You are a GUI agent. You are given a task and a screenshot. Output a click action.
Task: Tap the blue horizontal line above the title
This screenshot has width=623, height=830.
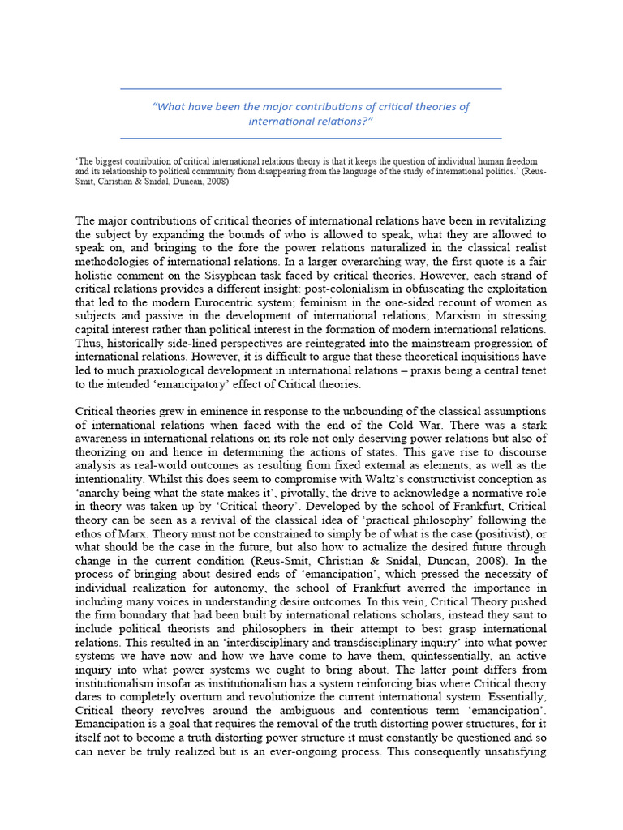click(x=311, y=88)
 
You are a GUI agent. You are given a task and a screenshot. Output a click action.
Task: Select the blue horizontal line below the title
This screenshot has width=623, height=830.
click(x=311, y=139)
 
